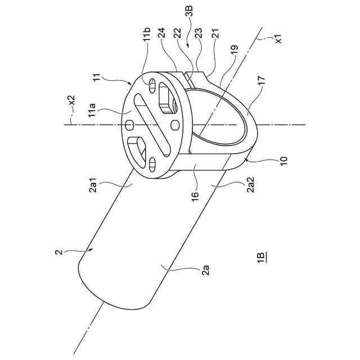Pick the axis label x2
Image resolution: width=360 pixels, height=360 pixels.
click(x=71, y=101)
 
